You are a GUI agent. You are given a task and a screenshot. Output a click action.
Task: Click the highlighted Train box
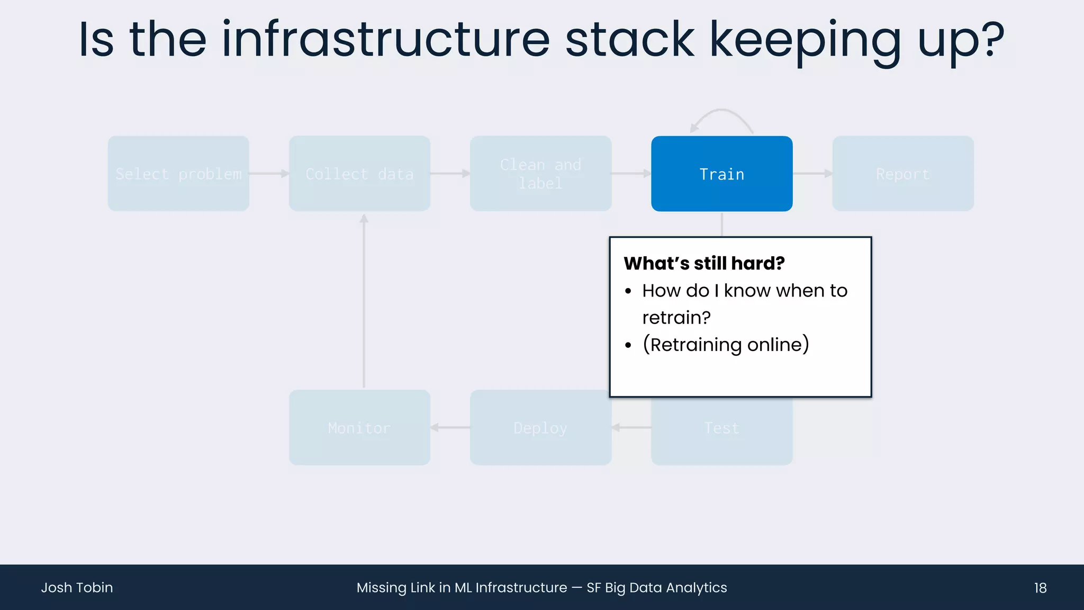[721, 174]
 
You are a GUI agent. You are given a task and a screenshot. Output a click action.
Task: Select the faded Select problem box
[178, 174]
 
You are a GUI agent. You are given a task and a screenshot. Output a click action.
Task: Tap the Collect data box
[359, 174]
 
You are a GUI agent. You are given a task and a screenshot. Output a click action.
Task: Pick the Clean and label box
[540, 174]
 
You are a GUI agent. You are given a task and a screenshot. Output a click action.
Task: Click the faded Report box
[902, 174]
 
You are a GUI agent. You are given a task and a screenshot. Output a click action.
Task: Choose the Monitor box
[359, 427]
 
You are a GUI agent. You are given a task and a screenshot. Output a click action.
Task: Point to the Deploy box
[540, 427]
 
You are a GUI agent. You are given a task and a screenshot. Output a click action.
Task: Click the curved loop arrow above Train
[721, 114]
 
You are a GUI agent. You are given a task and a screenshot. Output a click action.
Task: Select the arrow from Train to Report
[812, 173]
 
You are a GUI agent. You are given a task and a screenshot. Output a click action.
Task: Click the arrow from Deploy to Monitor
[450, 427]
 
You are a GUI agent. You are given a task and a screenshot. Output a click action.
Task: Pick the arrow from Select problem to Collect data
[269, 173]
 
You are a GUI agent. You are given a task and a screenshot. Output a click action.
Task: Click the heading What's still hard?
[704, 263]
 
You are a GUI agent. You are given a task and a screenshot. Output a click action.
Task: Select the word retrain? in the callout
[676, 318]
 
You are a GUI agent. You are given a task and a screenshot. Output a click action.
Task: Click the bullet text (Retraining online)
[725, 345]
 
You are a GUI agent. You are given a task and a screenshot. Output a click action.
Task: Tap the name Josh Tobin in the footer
[77, 588]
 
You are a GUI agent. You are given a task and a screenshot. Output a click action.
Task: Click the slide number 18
[1040, 588]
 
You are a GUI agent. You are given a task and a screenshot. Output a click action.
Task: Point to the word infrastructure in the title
[386, 40]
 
